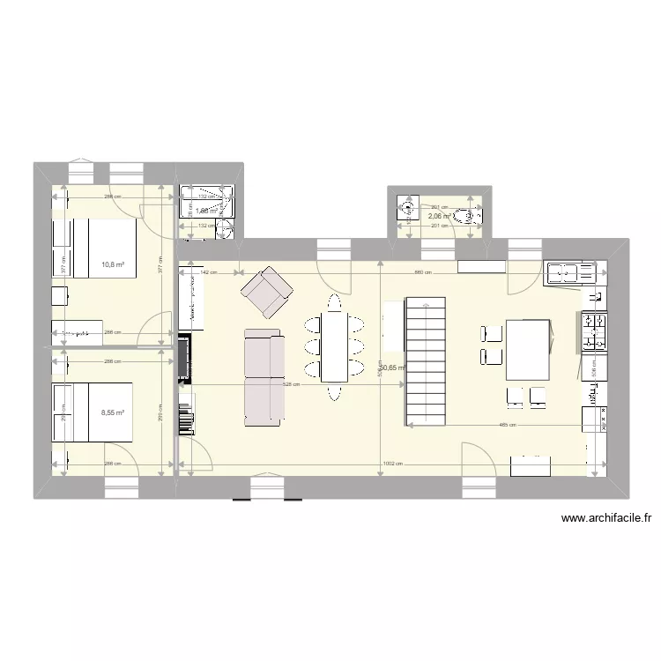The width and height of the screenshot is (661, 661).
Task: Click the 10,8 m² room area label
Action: click(x=113, y=264)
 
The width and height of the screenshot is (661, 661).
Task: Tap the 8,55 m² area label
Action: click(x=113, y=412)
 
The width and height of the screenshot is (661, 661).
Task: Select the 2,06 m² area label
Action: click(x=440, y=216)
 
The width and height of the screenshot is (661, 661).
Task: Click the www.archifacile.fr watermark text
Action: click(x=605, y=520)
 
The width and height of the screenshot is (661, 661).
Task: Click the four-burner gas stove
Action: click(x=594, y=331)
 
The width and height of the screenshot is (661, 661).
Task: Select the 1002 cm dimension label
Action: click(x=393, y=464)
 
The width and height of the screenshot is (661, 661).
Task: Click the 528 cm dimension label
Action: click(x=291, y=384)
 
